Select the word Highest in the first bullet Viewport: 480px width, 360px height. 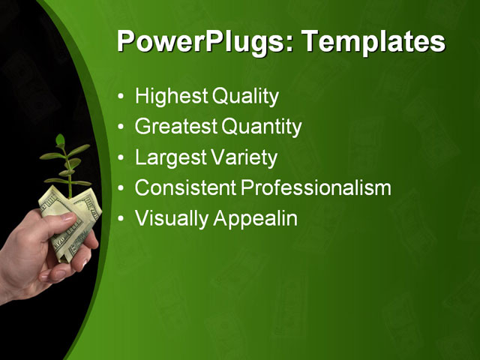pyautogui.click(x=171, y=97)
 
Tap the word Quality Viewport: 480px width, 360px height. pyautogui.click(x=245, y=97)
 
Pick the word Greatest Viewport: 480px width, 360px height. pyautogui.click(x=176, y=127)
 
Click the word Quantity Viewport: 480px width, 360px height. pyautogui.click(x=262, y=127)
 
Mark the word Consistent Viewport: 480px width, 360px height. pyautogui.click(x=184, y=188)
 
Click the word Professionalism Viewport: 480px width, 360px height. pyautogui.click(x=314, y=188)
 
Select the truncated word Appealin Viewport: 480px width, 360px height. pyautogui.click(x=256, y=219)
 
